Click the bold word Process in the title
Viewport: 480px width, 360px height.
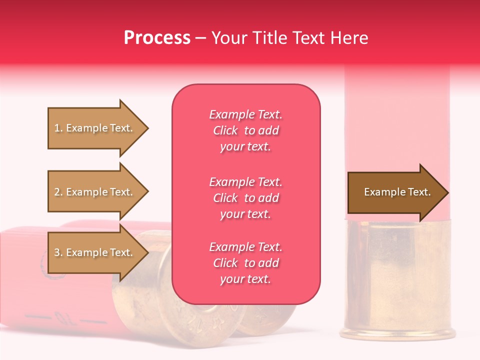157,38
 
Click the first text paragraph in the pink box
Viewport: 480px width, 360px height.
245,130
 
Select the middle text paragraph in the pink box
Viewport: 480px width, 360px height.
245,198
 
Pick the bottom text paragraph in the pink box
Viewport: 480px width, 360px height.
245,263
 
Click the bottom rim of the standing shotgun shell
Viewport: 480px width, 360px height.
397,334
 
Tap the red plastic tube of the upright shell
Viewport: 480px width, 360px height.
397,125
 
